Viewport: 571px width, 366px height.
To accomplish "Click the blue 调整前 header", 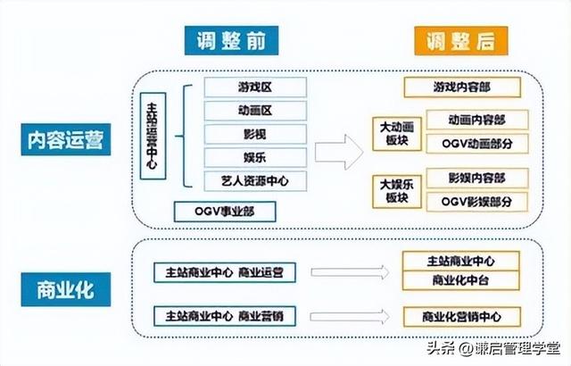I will tap(235, 39).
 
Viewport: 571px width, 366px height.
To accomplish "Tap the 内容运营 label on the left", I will tap(68, 141).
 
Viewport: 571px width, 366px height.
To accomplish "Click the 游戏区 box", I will tap(255, 87).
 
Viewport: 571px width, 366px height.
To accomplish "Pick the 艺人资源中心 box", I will tap(255, 181).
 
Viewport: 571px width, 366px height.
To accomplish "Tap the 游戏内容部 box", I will tap(461, 87).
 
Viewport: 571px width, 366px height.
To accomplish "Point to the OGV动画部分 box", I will tap(477, 143).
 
